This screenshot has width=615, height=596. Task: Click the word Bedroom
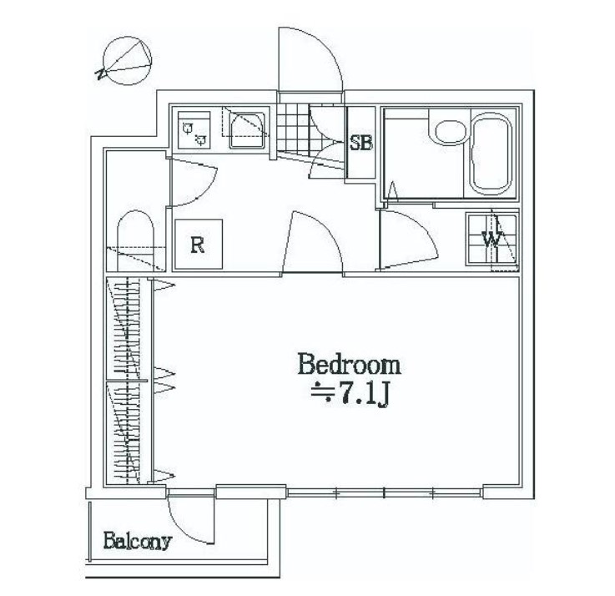pyautogui.click(x=349, y=364)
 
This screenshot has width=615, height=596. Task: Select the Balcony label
pyautogui.click(x=138, y=542)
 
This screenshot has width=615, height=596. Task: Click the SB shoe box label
pyautogui.click(x=360, y=143)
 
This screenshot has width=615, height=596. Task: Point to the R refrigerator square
pyautogui.click(x=199, y=244)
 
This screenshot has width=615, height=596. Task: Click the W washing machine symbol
pyautogui.click(x=491, y=239)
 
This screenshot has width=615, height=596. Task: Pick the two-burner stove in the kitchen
pyautogui.click(x=194, y=130)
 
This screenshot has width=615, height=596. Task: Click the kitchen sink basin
pyautogui.click(x=247, y=130)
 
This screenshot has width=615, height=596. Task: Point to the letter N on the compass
pyautogui.click(x=101, y=73)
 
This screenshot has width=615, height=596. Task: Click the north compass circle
pyautogui.click(x=127, y=61)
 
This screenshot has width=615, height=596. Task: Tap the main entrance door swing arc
pyautogui.click(x=320, y=47)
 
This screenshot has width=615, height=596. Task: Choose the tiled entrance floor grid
pyautogui.click(x=293, y=129)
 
